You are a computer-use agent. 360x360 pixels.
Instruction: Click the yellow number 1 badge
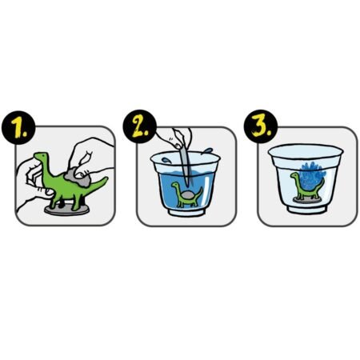pyautogui.click(x=18, y=127)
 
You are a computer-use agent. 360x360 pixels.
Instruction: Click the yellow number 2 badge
pyautogui.click(x=139, y=126)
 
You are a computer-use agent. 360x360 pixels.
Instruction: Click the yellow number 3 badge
pyautogui.click(x=261, y=126)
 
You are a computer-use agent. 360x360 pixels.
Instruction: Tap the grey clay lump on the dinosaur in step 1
pyautogui.click(x=78, y=178)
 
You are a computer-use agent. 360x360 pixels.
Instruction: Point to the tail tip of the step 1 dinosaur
pyautogui.click(x=106, y=178)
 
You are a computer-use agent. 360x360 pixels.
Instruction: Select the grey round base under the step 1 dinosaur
pyautogui.click(x=66, y=210)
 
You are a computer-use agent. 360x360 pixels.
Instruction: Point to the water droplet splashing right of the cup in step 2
pyautogui.click(x=208, y=151)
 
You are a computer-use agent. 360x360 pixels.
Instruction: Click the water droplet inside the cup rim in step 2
pyautogui.click(x=166, y=160)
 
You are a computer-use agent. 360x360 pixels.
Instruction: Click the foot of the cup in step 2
pyautogui.click(x=186, y=212)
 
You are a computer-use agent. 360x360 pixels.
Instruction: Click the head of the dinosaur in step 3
pyautogui.click(x=294, y=176)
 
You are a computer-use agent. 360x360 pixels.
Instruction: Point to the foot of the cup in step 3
pyautogui.click(x=307, y=209)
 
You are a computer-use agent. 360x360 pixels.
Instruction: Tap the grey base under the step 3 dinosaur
pyautogui.click(x=307, y=200)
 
